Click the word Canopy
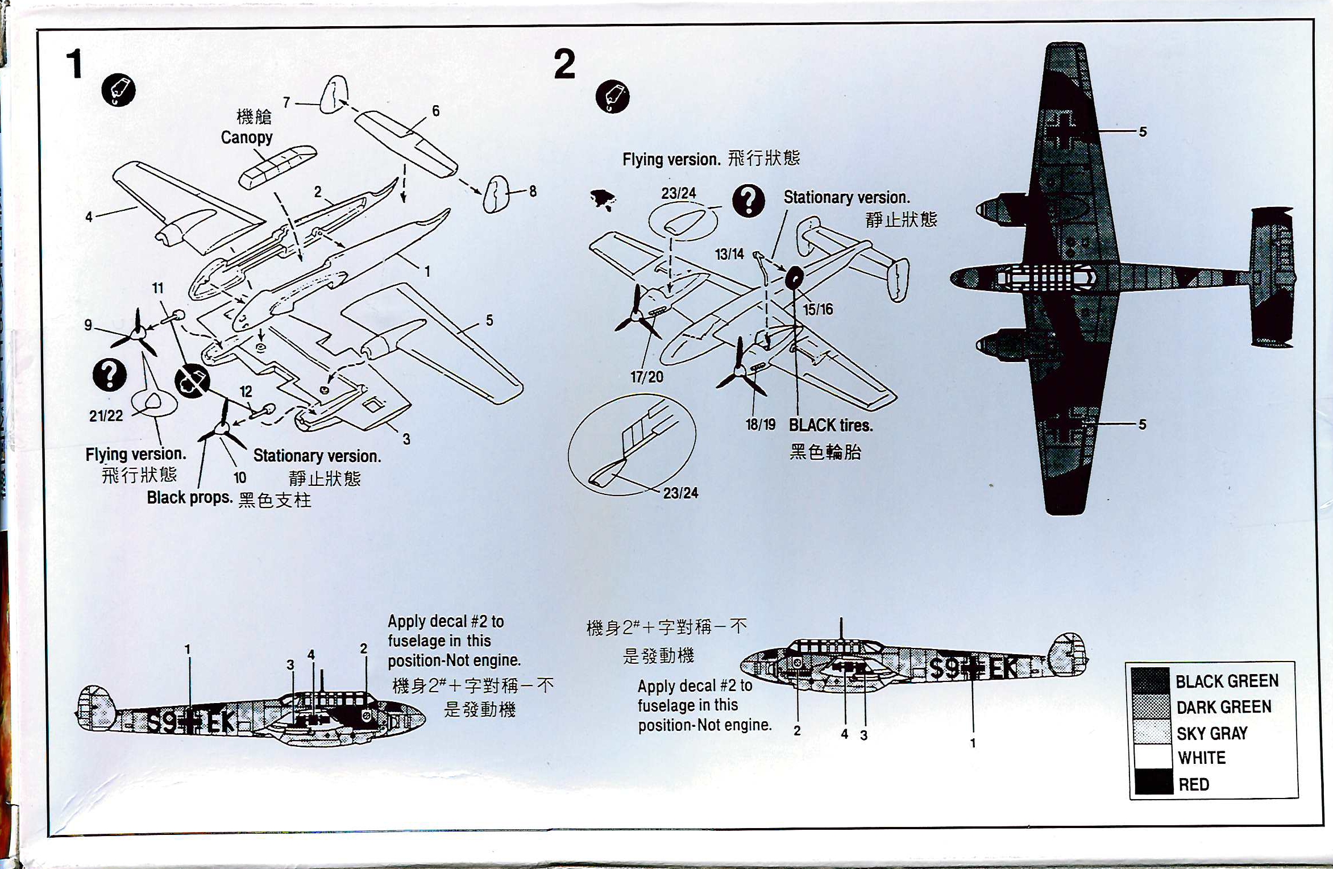tap(246, 138)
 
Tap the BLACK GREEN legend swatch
tap(1150, 680)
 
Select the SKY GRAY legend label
tap(1212, 733)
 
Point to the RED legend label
tap(1194, 784)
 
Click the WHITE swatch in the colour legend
tap(1152, 756)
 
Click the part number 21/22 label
tap(106, 416)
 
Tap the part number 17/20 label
tap(646, 377)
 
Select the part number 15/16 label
tap(817, 309)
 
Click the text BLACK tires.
tap(830, 425)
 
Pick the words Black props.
tap(189, 497)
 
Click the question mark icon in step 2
tap(748, 201)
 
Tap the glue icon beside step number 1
tap(118, 90)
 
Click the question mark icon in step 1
tap(109, 375)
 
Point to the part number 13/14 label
tap(729, 254)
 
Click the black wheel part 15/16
tap(794, 278)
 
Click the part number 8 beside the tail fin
tap(533, 192)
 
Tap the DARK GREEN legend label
tap(1223, 707)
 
